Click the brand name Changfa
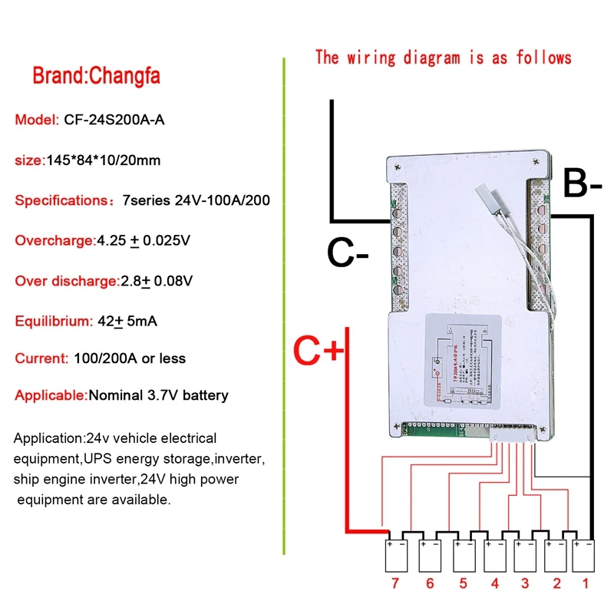[x=126, y=77]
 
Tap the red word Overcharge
[x=54, y=240]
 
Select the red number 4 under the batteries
[x=494, y=584]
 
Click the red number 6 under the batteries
[x=429, y=584]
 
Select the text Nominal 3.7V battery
[x=159, y=396]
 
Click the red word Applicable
[x=51, y=396]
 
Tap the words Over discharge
[x=66, y=281]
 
